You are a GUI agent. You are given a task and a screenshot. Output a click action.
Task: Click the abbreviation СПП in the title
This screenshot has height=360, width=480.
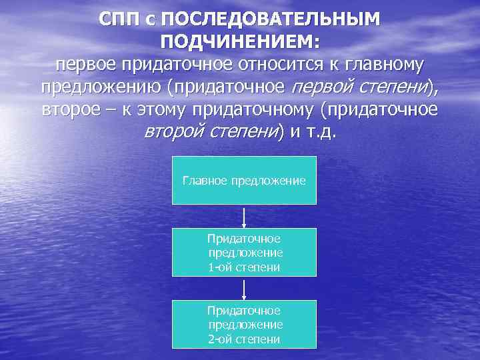[121, 19]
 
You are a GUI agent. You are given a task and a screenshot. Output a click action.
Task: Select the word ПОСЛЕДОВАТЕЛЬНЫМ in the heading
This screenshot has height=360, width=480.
[271, 19]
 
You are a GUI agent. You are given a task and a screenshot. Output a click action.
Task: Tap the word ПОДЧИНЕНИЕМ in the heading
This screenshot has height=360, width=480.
[240, 41]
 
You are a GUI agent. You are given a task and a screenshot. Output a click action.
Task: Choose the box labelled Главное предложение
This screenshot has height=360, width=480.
[244, 180]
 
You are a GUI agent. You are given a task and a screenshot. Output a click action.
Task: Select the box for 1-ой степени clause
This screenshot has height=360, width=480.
[244, 252]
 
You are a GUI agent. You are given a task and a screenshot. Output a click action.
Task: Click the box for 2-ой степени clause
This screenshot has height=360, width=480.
[244, 324]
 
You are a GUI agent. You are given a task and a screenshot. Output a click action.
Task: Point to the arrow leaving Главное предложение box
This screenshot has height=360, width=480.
[245, 217]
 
